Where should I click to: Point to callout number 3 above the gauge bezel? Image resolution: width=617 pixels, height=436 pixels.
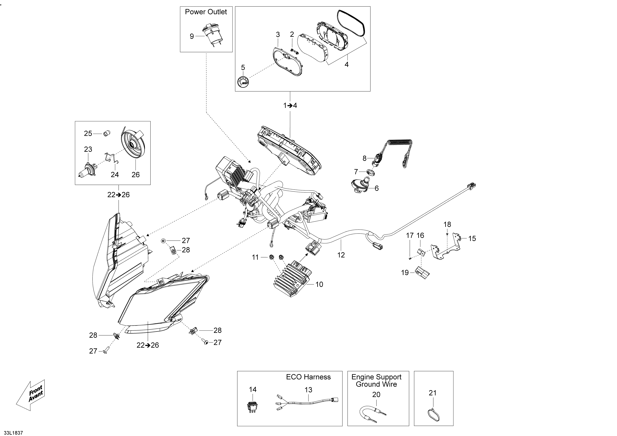278,35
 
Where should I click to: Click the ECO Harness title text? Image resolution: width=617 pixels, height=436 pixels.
308,377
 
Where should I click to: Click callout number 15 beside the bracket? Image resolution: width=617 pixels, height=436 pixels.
472,238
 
